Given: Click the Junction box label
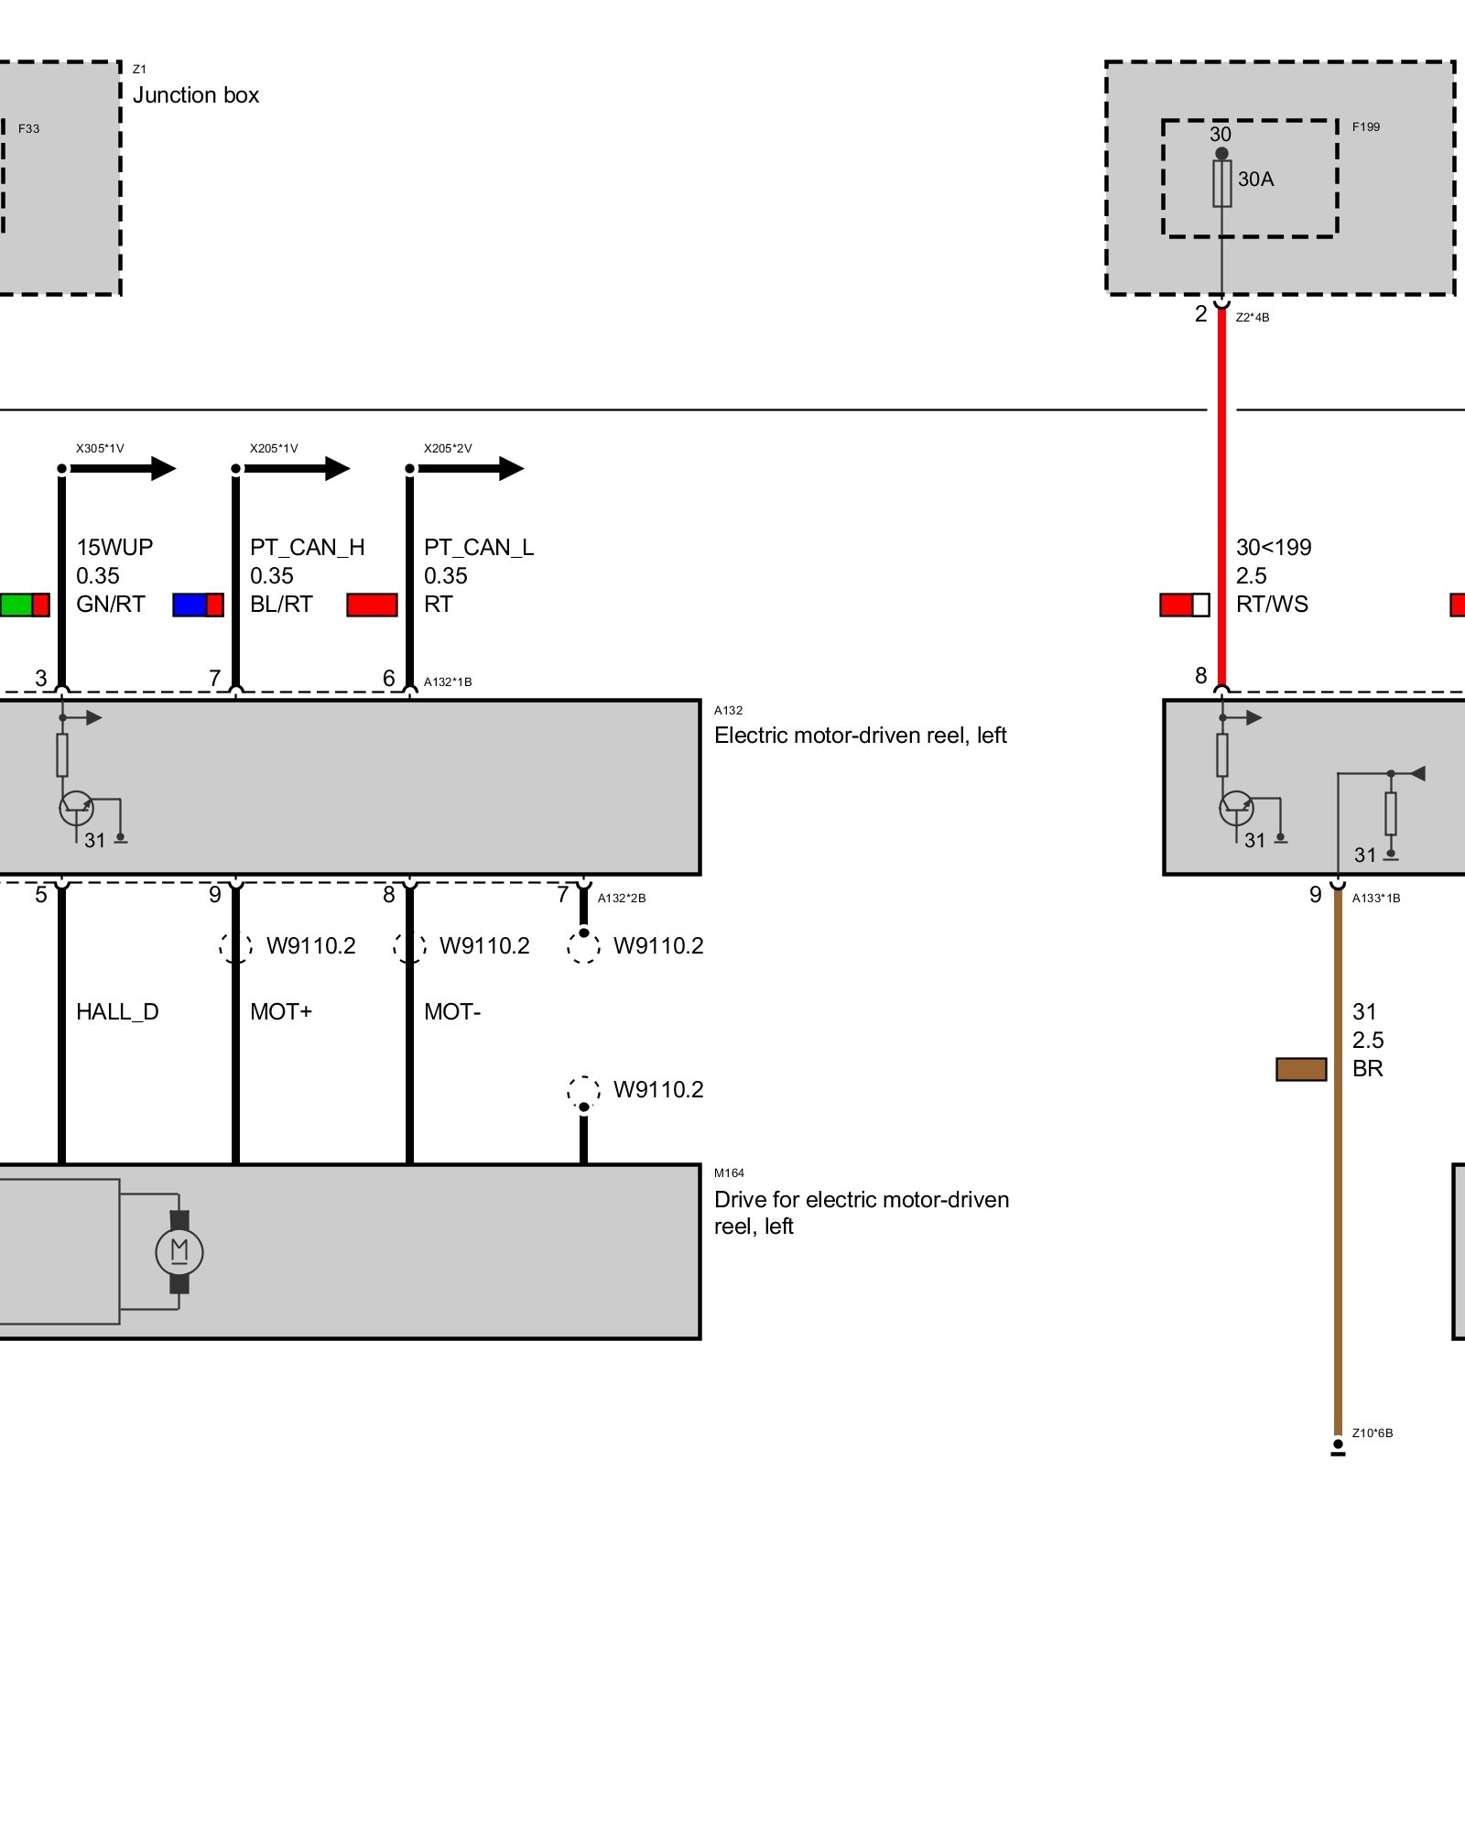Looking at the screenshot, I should [x=196, y=95].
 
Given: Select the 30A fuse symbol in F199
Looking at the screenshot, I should [x=1221, y=183].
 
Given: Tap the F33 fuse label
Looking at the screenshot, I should [x=28, y=129].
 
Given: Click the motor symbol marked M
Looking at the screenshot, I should [x=179, y=1251].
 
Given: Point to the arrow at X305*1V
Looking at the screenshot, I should [x=162, y=469].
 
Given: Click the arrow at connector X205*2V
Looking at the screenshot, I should [x=510, y=469].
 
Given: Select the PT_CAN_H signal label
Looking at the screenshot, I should [x=307, y=548].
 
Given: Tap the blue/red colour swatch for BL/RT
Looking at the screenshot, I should [x=198, y=605].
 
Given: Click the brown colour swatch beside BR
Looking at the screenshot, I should [x=1301, y=1069].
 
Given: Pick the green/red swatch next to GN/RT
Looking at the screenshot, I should [x=25, y=605].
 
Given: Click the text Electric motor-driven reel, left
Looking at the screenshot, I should [x=860, y=736].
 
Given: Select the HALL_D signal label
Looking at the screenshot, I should [x=117, y=1012].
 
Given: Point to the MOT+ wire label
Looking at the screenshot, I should [x=281, y=1012].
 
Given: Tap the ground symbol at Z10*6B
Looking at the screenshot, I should [x=1338, y=1448].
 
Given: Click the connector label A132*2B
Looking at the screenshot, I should [x=622, y=899].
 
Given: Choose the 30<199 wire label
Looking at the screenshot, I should [x=1274, y=548].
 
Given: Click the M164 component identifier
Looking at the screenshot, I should [x=729, y=1173].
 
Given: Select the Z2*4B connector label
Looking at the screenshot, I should [x=1253, y=318].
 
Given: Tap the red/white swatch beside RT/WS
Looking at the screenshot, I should [x=1185, y=605].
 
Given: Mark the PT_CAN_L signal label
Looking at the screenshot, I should [x=479, y=548].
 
